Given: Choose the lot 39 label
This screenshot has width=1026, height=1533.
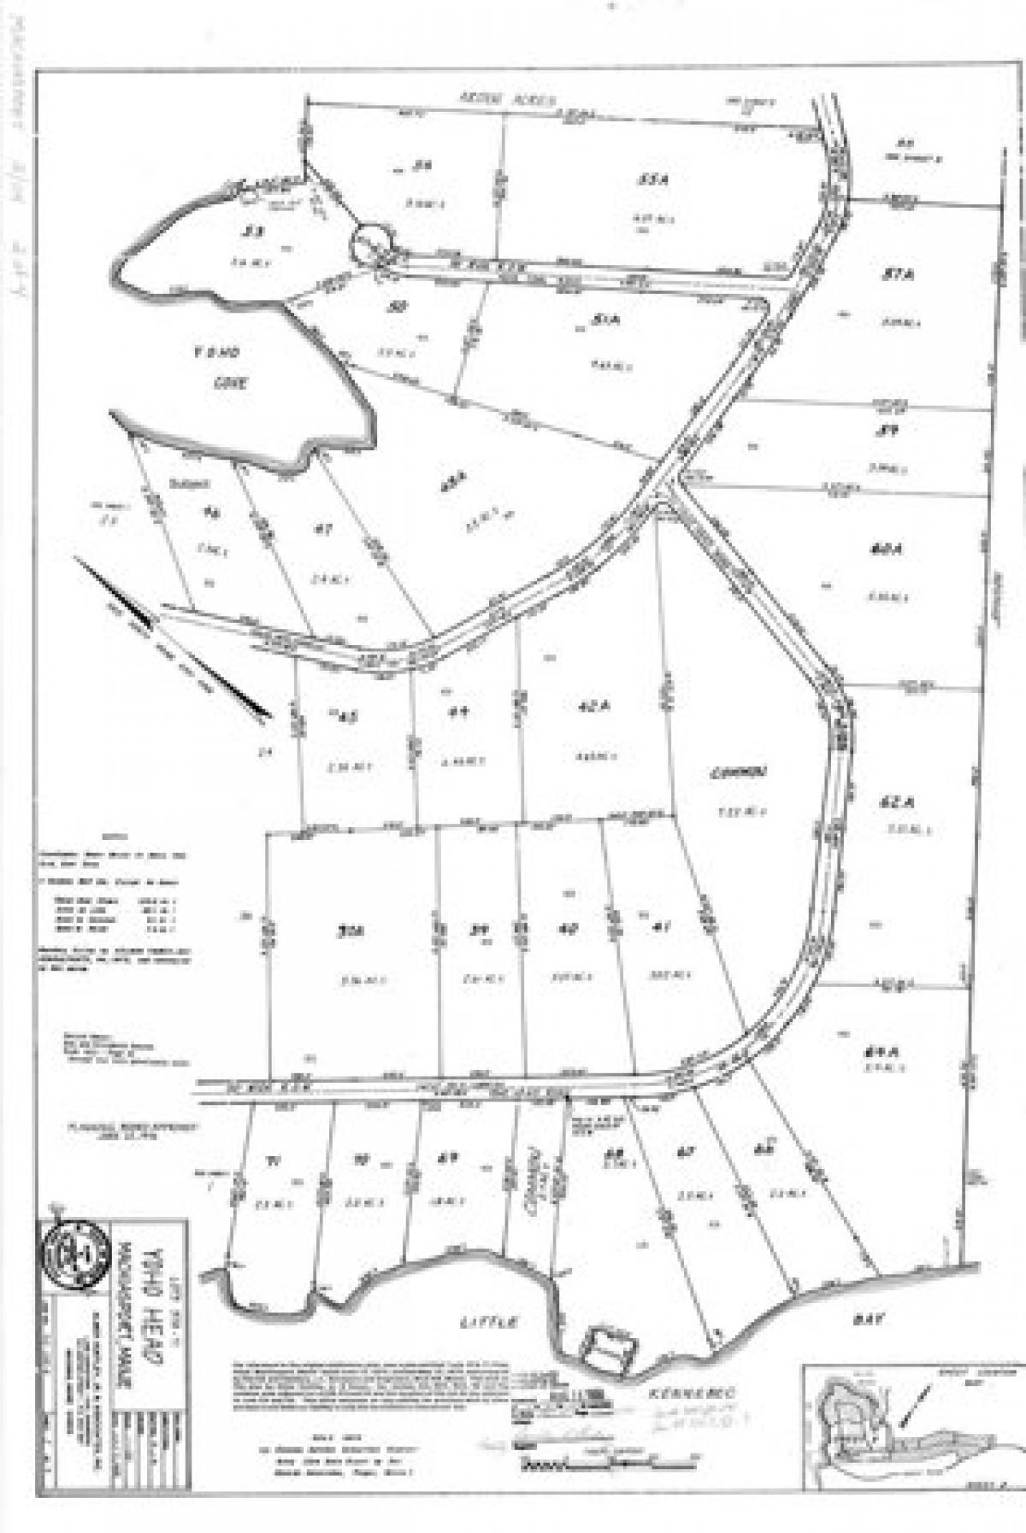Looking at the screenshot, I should (x=479, y=930).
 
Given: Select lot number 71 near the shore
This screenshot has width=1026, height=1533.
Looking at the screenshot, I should (x=273, y=1160).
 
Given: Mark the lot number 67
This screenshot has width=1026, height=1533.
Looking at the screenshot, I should (x=684, y=1154).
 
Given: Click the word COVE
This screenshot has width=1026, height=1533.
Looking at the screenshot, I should (x=229, y=384).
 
